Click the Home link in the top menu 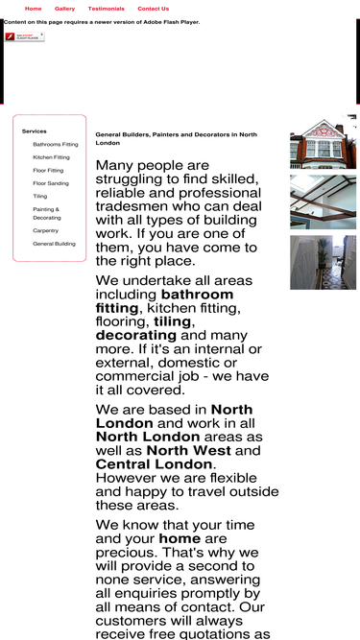33,9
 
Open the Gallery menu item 64,9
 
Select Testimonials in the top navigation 106,9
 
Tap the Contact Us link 153,9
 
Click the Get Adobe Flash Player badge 24,36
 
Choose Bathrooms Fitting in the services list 56,144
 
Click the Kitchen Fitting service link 51,157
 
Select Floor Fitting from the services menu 48,170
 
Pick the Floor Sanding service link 51,183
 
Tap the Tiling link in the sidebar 39,196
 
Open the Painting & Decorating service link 46,213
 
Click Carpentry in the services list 45,230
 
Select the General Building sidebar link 54,244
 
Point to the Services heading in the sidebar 34,130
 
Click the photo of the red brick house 323,142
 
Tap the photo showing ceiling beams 323,201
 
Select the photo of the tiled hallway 323,262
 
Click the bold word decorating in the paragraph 136,336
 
